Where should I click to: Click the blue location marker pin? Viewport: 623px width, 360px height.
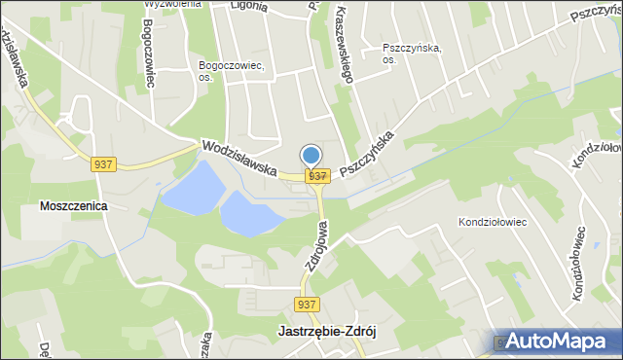[x=311, y=156]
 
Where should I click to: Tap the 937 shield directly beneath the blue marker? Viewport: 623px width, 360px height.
[x=316, y=175]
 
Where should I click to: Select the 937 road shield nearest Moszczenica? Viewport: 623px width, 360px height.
[x=105, y=164]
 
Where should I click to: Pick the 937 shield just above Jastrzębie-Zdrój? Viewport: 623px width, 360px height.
[x=308, y=305]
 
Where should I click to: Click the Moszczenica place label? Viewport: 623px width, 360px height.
[x=73, y=206]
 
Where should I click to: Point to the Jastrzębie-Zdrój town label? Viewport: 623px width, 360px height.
[x=321, y=331]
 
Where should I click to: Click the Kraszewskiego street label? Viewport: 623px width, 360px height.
[x=344, y=44]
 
